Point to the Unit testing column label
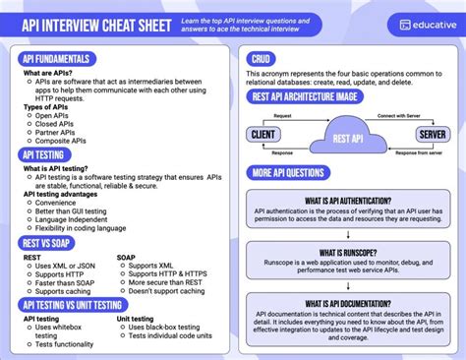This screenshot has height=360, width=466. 136,319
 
